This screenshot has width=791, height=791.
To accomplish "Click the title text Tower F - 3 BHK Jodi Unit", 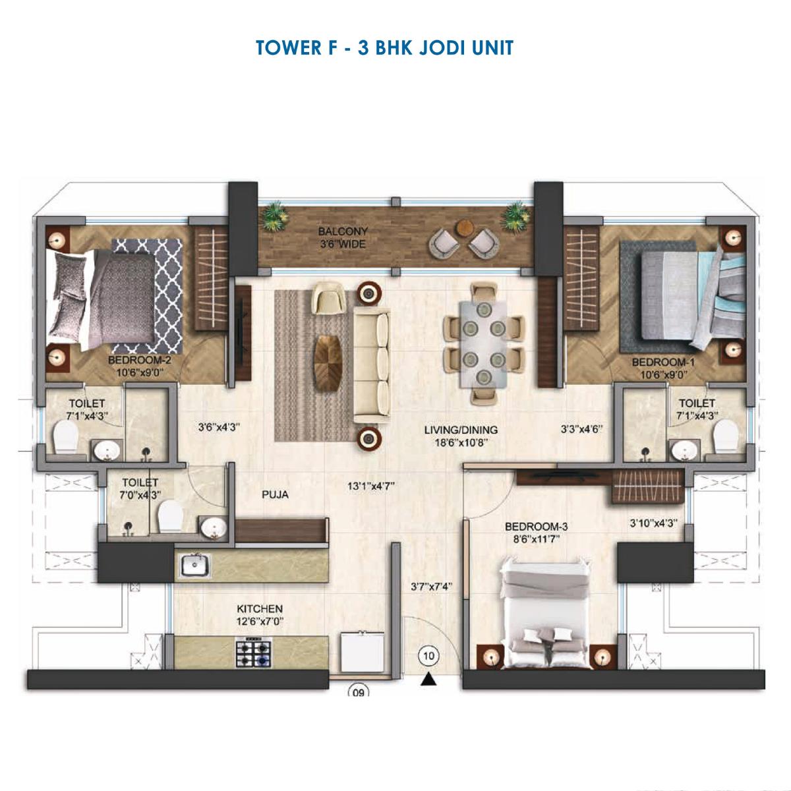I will tap(384, 48).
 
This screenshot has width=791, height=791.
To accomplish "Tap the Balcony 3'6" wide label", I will tap(343, 238).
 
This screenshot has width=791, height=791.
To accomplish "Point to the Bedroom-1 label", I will tap(662, 368).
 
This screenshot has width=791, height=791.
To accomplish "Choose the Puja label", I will tap(275, 494).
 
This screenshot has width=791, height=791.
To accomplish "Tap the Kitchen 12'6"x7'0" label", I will tap(260, 615).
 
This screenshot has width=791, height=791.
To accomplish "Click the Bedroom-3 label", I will tap(536, 533).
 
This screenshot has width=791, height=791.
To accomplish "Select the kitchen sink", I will tap(194, 566).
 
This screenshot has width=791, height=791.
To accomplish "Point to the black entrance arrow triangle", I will tap(429, 679).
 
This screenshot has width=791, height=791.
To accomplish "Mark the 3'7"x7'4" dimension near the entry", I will tap(430, 587).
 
